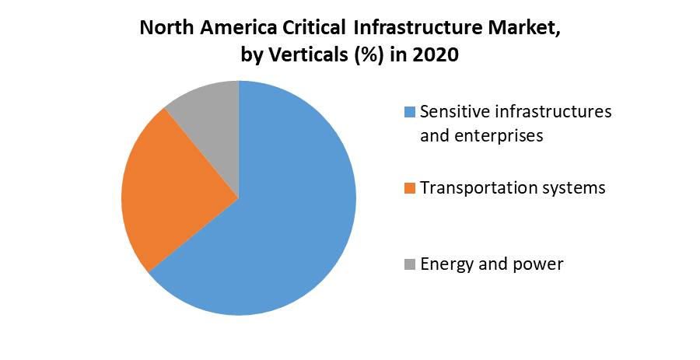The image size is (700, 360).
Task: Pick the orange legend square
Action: click(x=410, y=189)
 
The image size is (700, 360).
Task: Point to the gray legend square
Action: click(x=410, y=265)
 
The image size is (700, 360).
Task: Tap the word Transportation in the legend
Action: click(x=476, y=188)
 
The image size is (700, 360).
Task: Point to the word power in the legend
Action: click(x=537, y=264)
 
